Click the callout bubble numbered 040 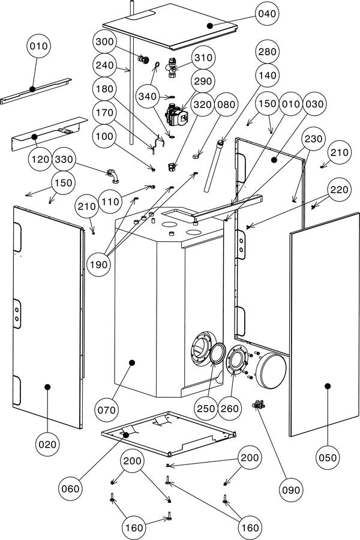[267, 14]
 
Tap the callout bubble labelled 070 [106, 410]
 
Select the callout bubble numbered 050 [327, 457]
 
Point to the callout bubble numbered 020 [47, 444]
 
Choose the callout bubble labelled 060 [70, 488]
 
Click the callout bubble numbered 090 [291, 490]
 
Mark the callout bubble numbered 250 [206, 409]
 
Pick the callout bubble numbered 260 [229, 409]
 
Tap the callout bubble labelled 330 [64, 159]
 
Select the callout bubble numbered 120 [40, 159]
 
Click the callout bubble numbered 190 [99, 265]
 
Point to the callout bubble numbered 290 [203, 81]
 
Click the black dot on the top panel [210, 25]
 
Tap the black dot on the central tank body [131, 362]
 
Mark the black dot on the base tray [126, 435]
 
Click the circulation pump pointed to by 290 [176, 114]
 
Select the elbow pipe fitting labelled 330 [113, 176]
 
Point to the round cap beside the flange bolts [271, 371]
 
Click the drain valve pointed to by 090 [259, 404]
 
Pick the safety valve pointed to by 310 [172, 67]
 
